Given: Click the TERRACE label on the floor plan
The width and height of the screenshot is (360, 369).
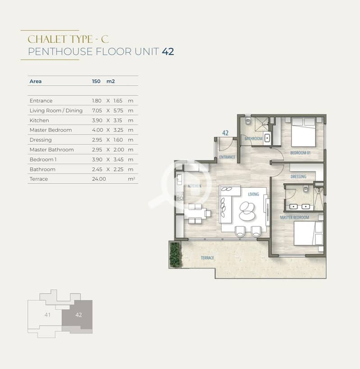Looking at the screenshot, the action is pyautogui.click(x=207, y=258).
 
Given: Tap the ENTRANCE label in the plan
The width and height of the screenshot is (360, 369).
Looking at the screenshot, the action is pyautogui.click(x=227, y=157).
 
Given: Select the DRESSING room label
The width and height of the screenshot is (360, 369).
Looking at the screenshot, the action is pyautogui.click(x=298, y=177).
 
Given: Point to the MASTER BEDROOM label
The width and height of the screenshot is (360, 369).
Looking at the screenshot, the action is pyautogui.click(x=295, y=218).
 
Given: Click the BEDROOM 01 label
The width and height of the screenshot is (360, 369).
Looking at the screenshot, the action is pyautogui.click(x=300, y=153).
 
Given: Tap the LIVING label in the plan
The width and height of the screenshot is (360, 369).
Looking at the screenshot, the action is pyautogui.click(x=253, y=194).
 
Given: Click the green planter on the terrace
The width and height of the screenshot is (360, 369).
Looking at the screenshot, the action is pyautogui.click(x=174, y=255).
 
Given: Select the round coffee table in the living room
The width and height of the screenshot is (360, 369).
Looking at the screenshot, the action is pyautogui.click(x=247, y=211).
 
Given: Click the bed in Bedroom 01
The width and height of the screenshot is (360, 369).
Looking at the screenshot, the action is pyautogui.click(x=303, y=132).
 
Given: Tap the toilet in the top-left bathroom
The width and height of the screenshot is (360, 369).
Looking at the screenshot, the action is pyautogui.click(x=248, y=120).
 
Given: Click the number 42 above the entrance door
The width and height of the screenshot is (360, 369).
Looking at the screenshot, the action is pyautogui.click(x=225, y=133).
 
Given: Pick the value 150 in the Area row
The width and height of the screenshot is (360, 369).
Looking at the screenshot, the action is pyautogui.click(x=96, y=81).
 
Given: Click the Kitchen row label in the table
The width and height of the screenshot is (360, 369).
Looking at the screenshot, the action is pyautogui.click(x=39, y=120).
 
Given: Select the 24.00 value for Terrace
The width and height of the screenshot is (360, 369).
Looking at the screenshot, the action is pyautogui.click(x=99, y=179).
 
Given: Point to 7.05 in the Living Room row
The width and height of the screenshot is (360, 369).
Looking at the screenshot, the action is pyautogui.click(x=97, y=110).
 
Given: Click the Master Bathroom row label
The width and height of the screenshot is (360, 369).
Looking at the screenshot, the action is pyautogui.click(x=51, y=150).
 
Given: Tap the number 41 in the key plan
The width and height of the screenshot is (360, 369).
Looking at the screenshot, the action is pyautogui.click(x=47, y=314).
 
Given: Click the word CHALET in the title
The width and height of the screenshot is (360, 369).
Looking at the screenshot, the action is pyautogui.click(x=47, y=39).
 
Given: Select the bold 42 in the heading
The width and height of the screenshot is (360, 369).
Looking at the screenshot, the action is pyautogui.click(x=168, y=51).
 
